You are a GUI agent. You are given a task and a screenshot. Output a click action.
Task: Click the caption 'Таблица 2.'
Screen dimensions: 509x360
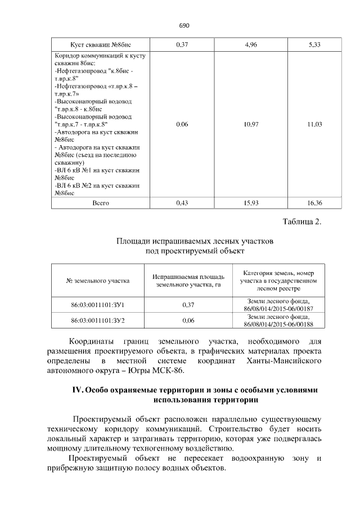point(301,222)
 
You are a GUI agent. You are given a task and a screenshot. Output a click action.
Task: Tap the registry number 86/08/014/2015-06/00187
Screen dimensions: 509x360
point(278,309)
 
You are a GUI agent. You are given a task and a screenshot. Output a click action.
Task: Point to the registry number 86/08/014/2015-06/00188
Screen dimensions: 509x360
point(278,325)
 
